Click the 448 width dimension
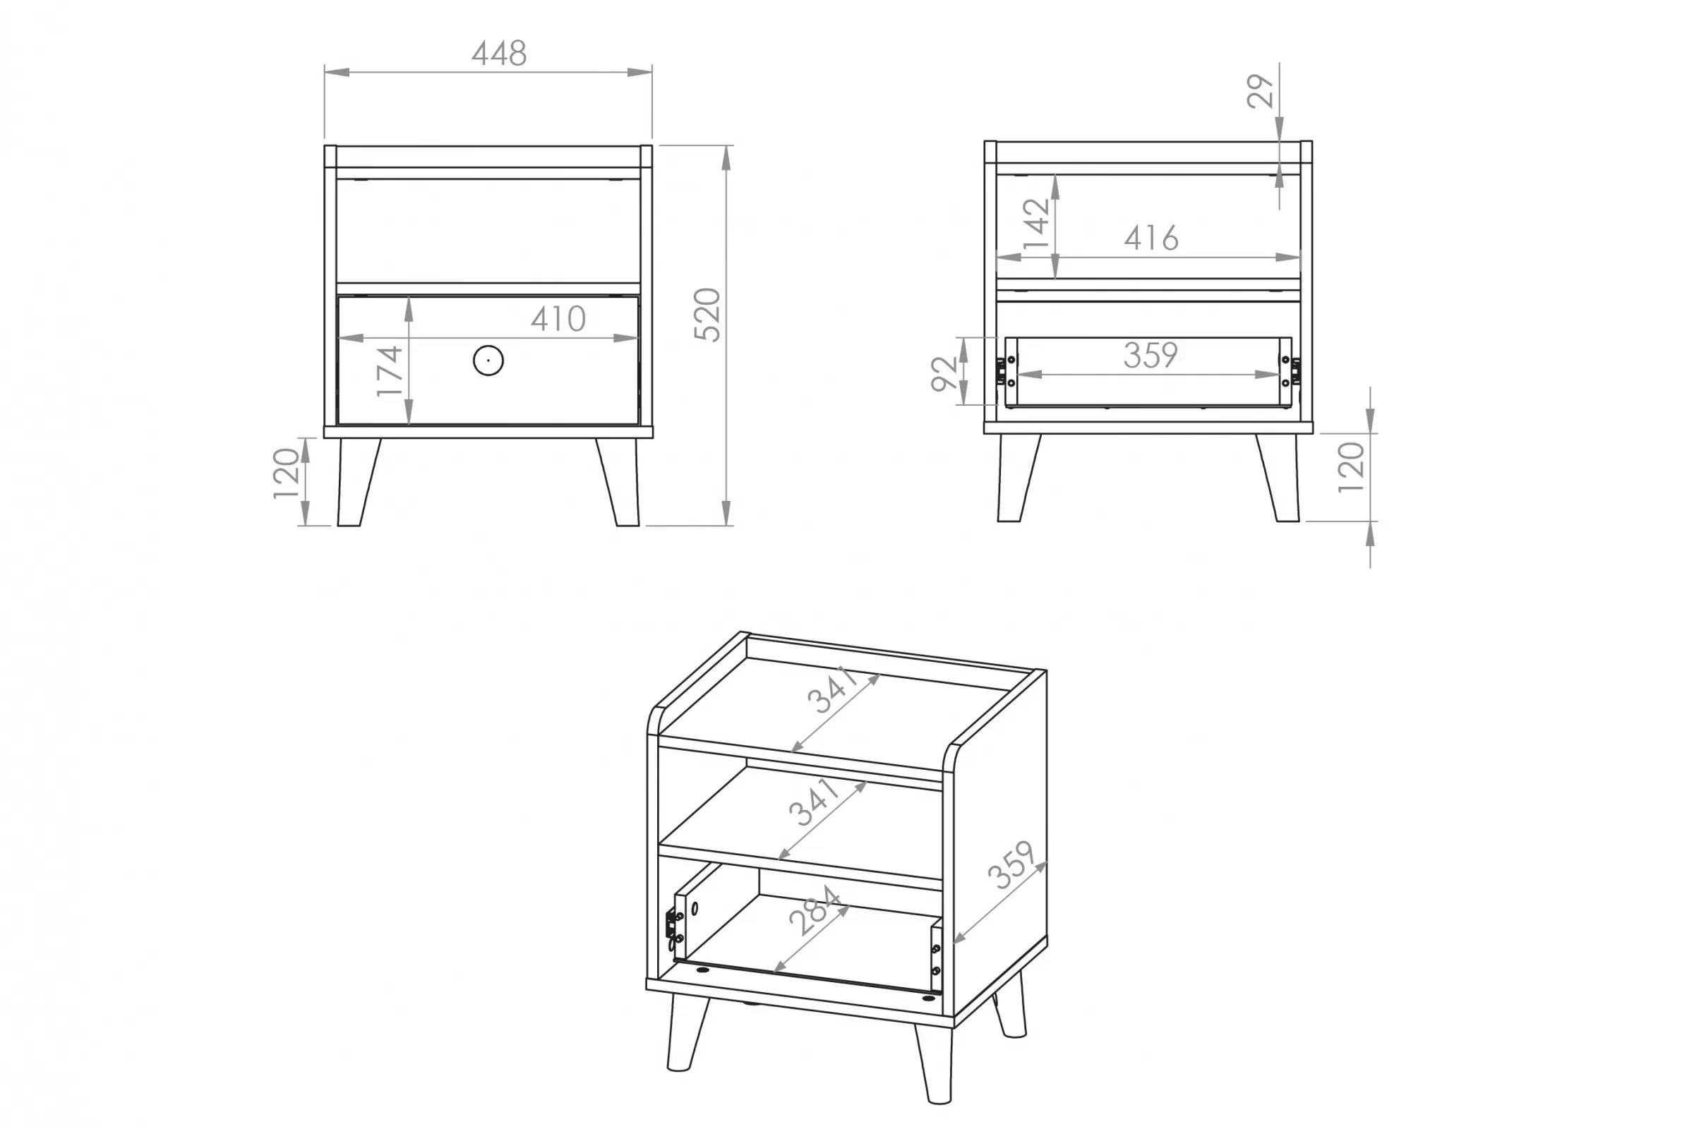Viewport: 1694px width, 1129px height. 499,54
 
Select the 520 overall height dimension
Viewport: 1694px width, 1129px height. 707,315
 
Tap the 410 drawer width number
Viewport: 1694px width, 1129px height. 558,319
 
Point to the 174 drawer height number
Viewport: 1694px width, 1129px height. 390,371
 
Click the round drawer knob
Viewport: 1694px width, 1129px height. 488,360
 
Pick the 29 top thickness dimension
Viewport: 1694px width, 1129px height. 1261,92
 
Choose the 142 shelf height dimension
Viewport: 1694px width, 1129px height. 1036,223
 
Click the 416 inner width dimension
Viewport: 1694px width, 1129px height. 1151,238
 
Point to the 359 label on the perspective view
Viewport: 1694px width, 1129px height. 1011,865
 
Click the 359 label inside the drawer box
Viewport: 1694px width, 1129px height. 1151,355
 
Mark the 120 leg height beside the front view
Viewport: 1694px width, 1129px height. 286,473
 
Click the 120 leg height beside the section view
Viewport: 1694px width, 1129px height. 1351,467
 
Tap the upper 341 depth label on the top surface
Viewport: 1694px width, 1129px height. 833,689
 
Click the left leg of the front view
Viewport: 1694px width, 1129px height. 358,482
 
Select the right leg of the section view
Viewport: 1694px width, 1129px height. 1278,478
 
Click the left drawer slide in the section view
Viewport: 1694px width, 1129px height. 1001,371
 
